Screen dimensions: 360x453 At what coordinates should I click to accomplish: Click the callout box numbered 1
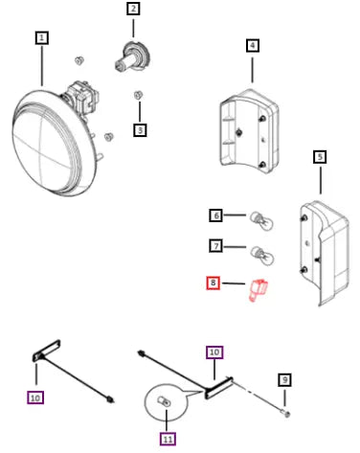click(42, 38)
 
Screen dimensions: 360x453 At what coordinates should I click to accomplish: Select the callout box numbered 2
click(133, 9)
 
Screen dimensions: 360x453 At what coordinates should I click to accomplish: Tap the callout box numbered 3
click(140, 130)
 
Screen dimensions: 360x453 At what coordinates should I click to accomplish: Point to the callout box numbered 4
click(253, 45)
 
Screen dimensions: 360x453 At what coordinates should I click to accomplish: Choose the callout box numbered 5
click(320, 157)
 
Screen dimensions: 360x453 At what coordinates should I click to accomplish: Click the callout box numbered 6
click(216, 215)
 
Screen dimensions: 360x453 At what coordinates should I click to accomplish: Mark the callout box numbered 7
click(216, 246)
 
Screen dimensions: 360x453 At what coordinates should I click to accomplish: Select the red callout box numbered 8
click(214, 283)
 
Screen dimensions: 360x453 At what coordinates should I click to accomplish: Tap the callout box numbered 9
click(284, 380)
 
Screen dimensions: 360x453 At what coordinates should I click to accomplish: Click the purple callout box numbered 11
click(168, 439)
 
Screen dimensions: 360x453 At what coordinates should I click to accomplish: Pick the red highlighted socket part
click(258, 290)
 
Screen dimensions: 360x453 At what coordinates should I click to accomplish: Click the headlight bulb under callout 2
click(132, 57)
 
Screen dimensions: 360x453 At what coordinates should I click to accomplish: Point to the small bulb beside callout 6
click(261, 220)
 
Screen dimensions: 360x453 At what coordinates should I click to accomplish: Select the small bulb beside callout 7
click(261, 255)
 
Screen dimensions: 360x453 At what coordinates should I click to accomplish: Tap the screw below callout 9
click(286, 414)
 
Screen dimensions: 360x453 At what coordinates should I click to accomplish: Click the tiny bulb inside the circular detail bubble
click(164, 401)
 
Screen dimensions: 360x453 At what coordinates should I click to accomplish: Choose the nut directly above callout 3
click(138, 95)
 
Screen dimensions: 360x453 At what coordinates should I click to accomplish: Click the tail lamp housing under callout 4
click(249, 131)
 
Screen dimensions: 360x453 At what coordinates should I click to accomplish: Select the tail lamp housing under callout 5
click(324, 252)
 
